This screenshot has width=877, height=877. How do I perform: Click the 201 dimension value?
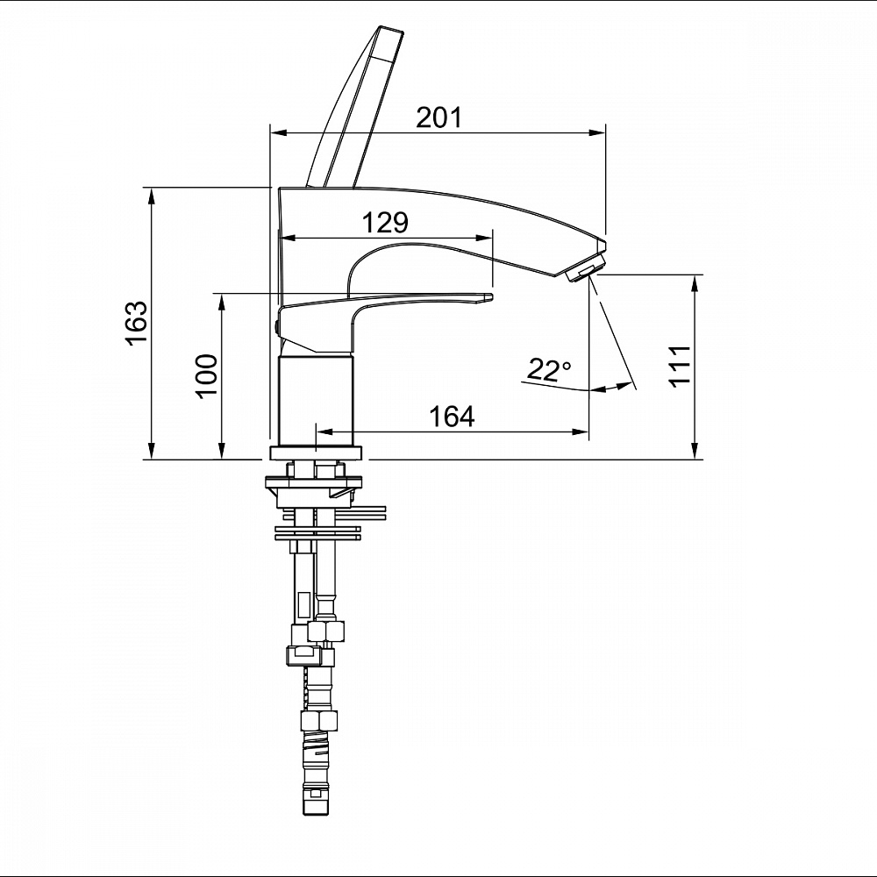[x=439, y=117]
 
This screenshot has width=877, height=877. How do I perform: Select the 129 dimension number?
[x=385, y=223]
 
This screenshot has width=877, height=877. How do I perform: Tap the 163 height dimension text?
[x=136, y=324]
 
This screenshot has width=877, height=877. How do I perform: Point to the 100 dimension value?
[x=207, y=374]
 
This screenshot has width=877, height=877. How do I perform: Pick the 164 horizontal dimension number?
[x=452, y=416]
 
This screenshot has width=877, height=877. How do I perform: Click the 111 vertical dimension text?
[x=681, y=365]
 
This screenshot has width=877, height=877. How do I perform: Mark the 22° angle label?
[x=549, y=370]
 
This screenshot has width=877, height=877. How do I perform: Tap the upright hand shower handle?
[x=353, y=106]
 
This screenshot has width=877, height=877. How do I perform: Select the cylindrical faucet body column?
[x=317, y=400]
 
